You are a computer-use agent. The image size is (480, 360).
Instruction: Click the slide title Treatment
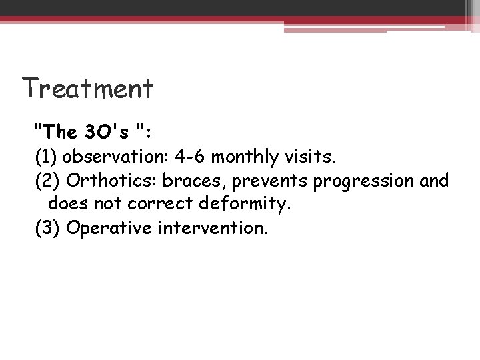point(87,87)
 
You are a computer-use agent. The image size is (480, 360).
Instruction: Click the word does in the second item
point(65,204)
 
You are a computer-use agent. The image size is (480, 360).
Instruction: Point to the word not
point(102,204)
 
